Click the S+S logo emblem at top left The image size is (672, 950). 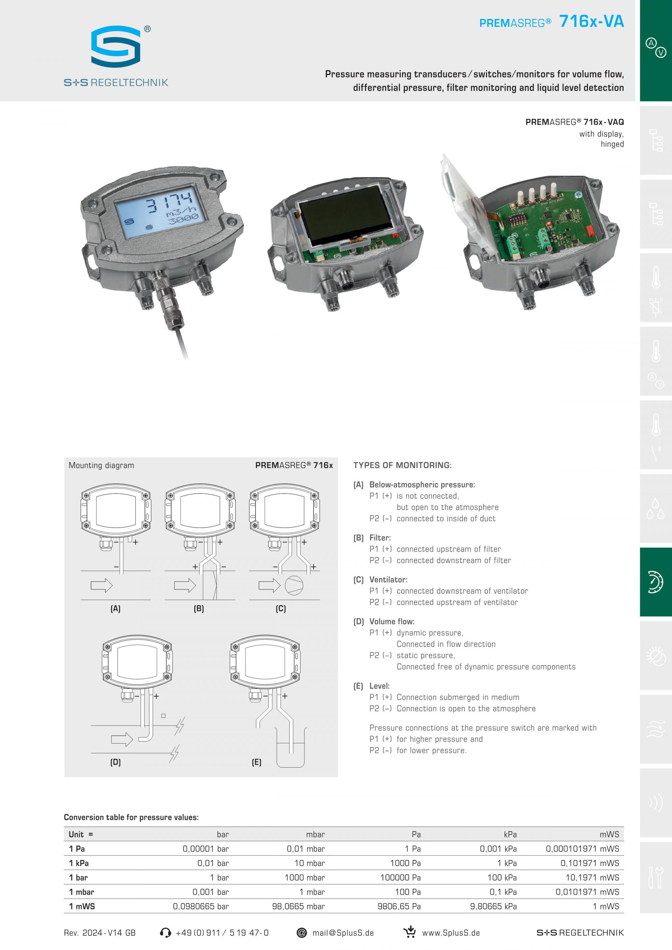pyautogui.click(x=116, y=46)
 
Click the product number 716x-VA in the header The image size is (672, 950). pyautogui.click(x=591, y=21)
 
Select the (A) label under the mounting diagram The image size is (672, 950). pyautogui.click(x=115, y=608)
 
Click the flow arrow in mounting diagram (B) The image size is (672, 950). pyautogui.click(x=185, y=585)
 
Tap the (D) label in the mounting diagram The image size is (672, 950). pyautogui.click(x=115, y=762)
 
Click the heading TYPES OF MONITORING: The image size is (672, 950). pyautogui.click(x=402, y=465)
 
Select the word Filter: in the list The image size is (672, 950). pyautogui.click(x=380, y=538)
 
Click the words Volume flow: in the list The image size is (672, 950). pyautogui.click(x=392, y=621)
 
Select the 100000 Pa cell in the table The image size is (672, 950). pyautogui.click(x=400, y=878)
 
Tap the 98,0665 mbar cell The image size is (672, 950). pyautogui.click(x=298, y=906)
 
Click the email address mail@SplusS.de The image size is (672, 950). pyautogui.click(x=343, y=933)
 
